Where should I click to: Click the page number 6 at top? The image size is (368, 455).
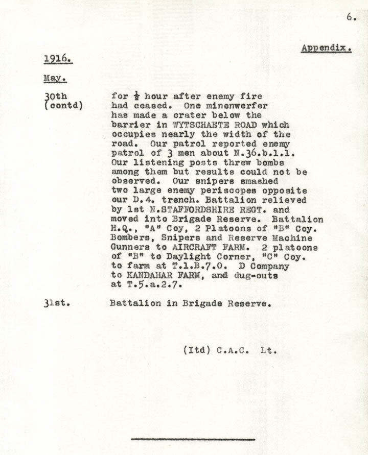[x=351, y=17]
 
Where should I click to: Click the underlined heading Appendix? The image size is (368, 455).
[x=326, y=49]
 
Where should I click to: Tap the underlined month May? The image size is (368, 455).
[x=55, y=79]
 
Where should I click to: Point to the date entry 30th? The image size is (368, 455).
[x=55, y=96]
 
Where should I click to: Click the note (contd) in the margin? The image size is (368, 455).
[x=64, y=106]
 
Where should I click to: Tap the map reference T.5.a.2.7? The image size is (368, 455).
[x=148, y=285]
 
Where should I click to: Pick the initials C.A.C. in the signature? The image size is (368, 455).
[x=235, y=351]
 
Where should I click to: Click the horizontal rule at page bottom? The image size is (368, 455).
[x=193, y=439]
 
